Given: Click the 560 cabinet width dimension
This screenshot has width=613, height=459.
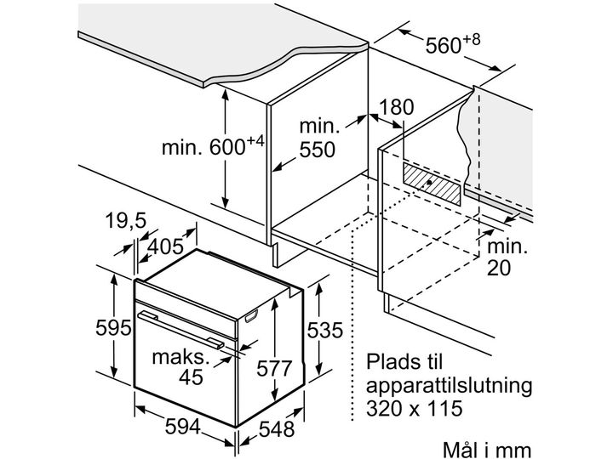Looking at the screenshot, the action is coord(452,44).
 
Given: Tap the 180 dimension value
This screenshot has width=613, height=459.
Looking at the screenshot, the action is coord(396,107).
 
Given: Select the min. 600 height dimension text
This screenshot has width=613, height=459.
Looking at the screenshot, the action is coord(213,146).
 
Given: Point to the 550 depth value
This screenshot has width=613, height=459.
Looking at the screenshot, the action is coord(317,150).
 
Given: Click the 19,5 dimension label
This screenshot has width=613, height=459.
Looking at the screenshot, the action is coord(125,221).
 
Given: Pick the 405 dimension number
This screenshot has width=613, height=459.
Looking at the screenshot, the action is coord(165,246).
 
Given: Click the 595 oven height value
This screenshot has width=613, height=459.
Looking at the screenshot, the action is coord(113,328).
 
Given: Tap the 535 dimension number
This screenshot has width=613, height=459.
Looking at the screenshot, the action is coord(324,330).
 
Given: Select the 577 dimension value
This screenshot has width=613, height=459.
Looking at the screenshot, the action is coord(274,368).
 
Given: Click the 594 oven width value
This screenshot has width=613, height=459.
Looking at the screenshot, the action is coord(182,426).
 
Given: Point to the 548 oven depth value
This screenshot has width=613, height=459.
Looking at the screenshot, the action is coord(277,429).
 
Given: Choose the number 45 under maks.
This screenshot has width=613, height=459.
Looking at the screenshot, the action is coord(192,377).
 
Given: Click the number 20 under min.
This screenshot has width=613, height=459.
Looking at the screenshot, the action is coord(499,268).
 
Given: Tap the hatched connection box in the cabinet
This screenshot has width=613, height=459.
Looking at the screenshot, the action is coord(432,184).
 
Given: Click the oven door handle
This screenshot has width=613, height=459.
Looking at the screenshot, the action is coord(181,329).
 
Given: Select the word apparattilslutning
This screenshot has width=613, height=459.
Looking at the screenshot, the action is coord(450,386).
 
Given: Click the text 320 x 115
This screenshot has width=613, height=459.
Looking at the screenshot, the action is coord(414,408).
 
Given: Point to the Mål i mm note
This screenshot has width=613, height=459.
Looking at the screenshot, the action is coord(487,450).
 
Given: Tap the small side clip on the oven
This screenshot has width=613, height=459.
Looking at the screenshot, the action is coord(251,316).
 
